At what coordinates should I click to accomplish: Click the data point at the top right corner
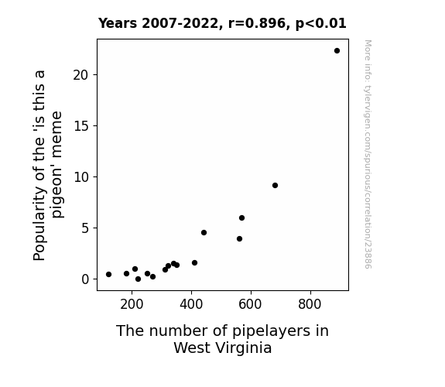(x=337, y=51)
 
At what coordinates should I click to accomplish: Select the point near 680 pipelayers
(x=275, y=186)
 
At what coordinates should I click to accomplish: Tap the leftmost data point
(x=108, y=274)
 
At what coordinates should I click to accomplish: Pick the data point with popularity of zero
(x=139, y=279)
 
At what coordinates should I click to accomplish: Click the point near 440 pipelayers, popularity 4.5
(x=204, y=232)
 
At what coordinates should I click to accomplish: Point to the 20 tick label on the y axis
(x=81, y=75)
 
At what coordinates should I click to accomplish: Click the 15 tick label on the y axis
(x=81, y=126)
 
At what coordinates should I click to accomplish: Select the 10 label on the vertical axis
(x=81, y=177)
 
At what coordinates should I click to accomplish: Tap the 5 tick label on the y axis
(x=85, y=228)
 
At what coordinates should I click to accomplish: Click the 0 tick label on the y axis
(x=85, y=279)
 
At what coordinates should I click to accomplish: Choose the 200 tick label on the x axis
(x=132, y=304)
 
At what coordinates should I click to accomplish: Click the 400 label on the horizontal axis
(x=191, y=304)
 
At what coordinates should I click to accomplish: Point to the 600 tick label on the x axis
(x=250, y=304)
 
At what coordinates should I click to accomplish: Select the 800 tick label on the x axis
(x=310, y=304)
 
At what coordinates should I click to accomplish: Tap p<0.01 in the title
(x=321, y=24)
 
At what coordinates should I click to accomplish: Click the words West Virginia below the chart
(x=223, y=348)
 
